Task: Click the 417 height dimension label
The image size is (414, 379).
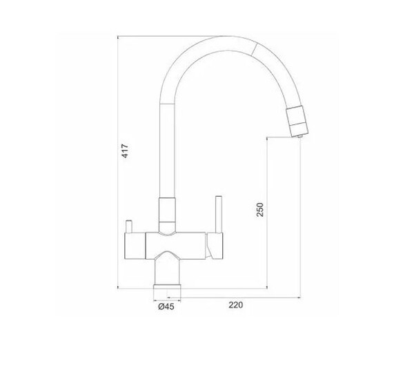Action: (x=125, y=150)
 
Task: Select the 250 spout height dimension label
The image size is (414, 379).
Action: (x=260, y=209)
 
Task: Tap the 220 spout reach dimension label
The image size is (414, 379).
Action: (x=235, y=305)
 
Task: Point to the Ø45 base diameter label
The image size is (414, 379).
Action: (x=166, y=307)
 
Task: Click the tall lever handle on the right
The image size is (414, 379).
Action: (x=219, y=215)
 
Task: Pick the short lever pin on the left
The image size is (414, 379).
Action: (x=129, y=226)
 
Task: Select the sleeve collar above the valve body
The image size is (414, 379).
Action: (x=167, y=215)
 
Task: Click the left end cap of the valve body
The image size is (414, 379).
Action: (x=135, y=246)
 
